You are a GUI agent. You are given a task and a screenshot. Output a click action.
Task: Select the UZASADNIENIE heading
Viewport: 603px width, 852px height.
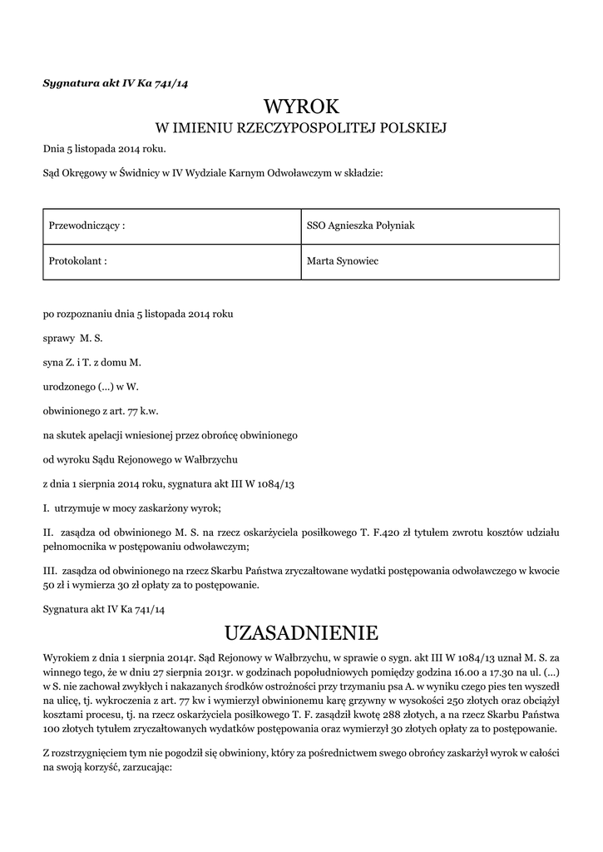pyautogui.click(x=301, y=633)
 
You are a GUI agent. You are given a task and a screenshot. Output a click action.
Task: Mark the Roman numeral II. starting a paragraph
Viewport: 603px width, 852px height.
pyautogui.click(x=48, y=531)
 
